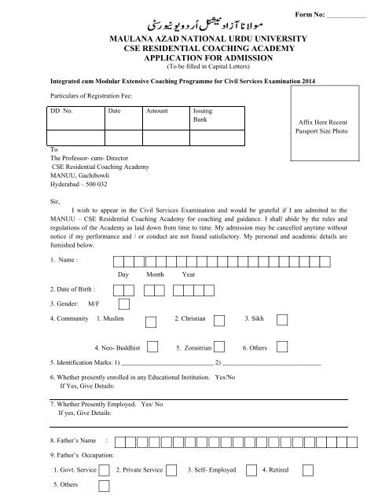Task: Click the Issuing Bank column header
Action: pyautogui.click(x=203, y=116)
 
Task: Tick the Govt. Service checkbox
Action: pyautogui.click(x=105, y=469)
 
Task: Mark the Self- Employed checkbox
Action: pyautogui.click(x=251, y=469)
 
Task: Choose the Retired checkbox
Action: pyautogui.click(x=308, y=469)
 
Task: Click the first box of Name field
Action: pyautogui.click(x=117, y=260)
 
